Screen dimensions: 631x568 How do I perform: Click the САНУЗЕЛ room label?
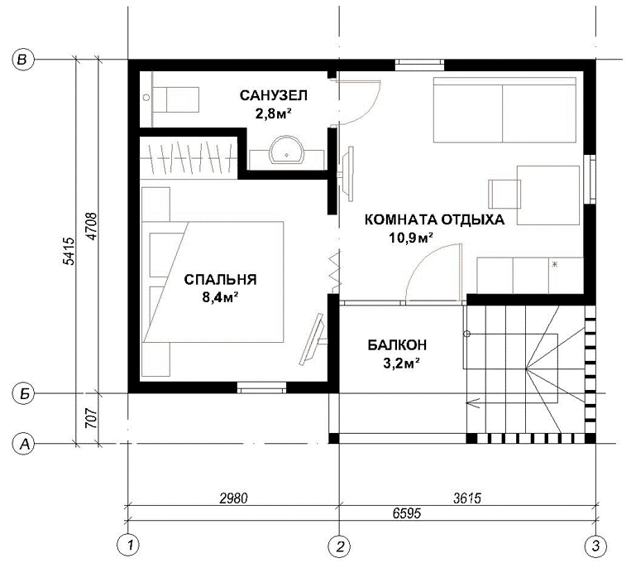click(273, 95)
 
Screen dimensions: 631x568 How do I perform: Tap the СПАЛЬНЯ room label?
click(220, 280)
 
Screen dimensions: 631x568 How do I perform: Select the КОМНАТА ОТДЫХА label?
click(434, 220)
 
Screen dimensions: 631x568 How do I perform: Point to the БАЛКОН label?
click(397, 345)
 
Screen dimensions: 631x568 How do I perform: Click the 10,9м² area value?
click(410, 238)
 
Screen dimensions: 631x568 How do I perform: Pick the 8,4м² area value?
click(220, 298)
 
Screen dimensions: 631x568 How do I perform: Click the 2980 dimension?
click(234, 498)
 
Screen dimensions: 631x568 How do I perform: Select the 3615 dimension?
click(467, 498)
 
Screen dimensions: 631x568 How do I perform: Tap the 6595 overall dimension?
click(407, 513)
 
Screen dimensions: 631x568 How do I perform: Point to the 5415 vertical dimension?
click(69, 251)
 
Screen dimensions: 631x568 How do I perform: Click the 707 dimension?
click(92, 418)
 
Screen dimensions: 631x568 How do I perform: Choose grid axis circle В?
click(22, 60)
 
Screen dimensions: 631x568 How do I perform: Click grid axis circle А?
click(24, 444)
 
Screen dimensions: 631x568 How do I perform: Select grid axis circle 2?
click(339, 546)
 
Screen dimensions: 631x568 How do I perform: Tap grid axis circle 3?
click(595, 546)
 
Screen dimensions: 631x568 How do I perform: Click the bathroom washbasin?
click(286, 150)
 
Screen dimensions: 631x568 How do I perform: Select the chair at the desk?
click(504, 194)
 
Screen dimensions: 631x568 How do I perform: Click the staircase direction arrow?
click(473, 402)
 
